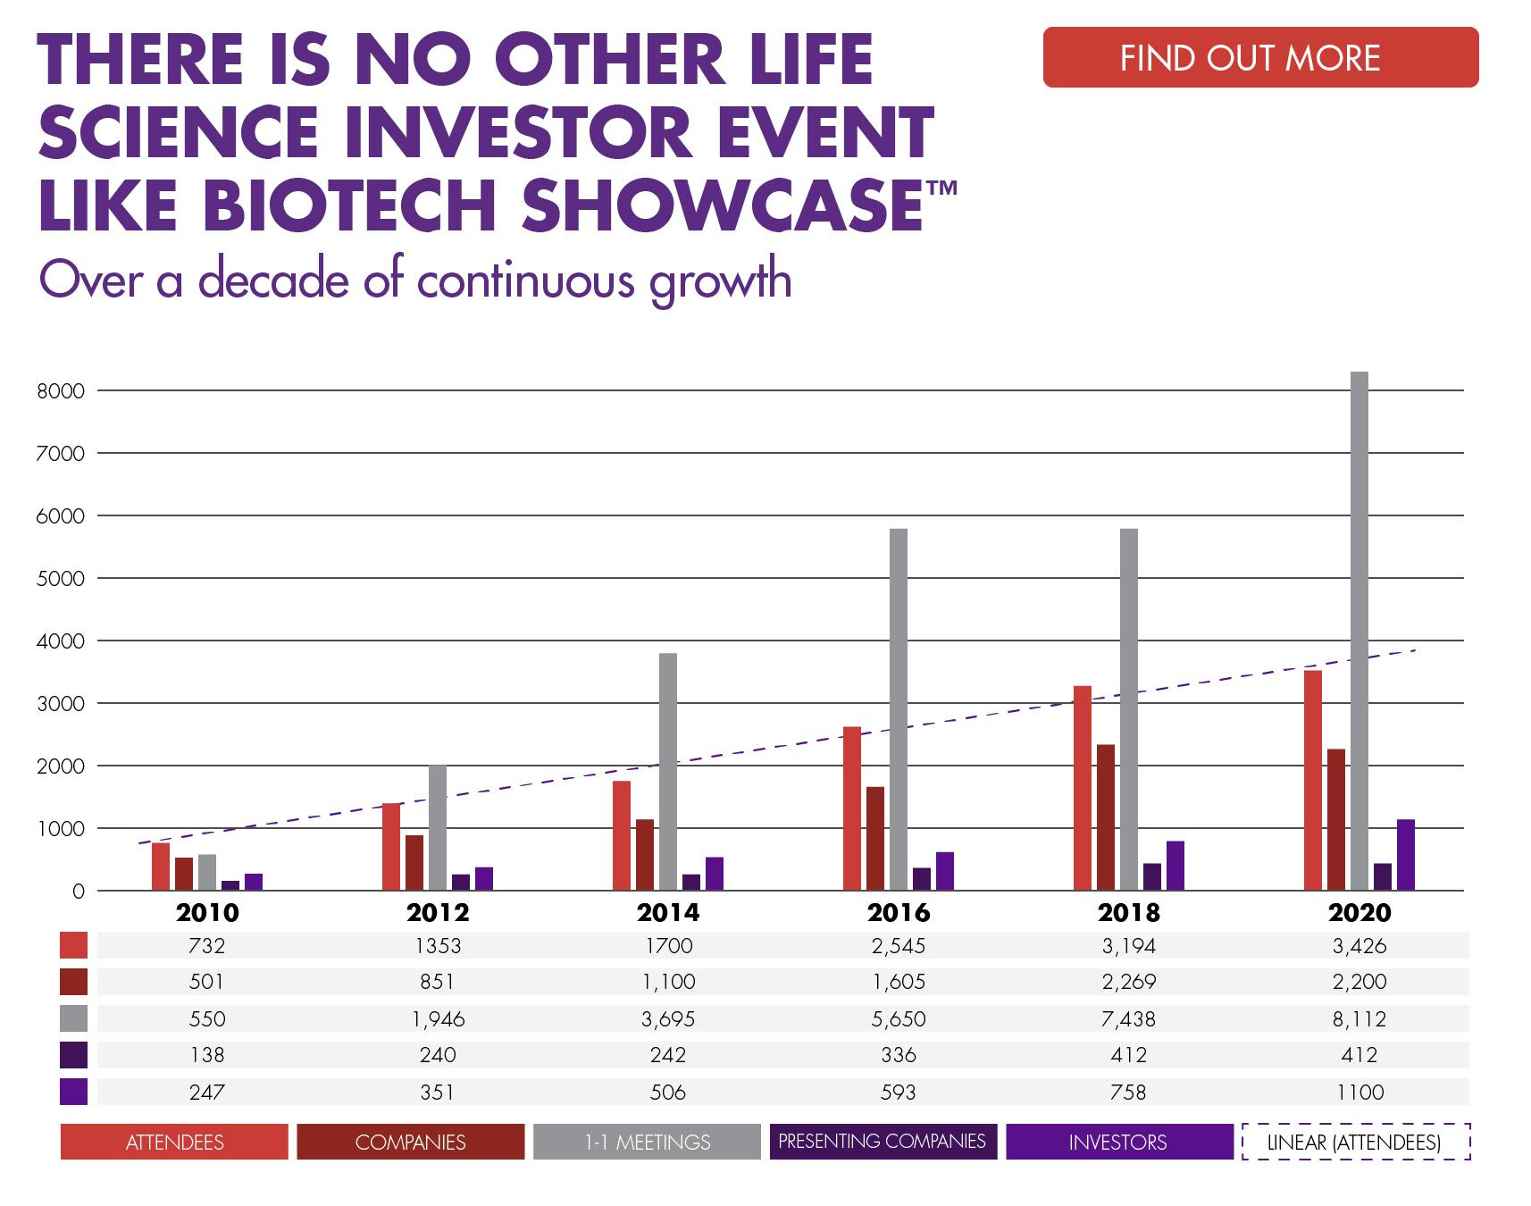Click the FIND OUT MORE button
pyautogui.click(x=1260, y=58)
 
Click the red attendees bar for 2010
pyautogui.click(x=161, y=867)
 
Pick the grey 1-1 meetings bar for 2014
pyautogui.click(x=667, y=772)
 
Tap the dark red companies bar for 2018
pyautogui.click(x=1105, y=817)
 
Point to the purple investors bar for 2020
pyautogui.click(x=1405, y=855)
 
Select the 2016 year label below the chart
pyautogui.click(x=898, y=913)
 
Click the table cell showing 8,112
pyautogui.click(x=1359, y=1018)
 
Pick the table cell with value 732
pyautogui.click(x=206, y=946)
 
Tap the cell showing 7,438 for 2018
pyautogui.click(x=1128, y=1018)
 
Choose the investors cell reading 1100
pyautogui.click(x=1359, y=1092)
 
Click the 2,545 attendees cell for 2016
pyautogui.click(x=898, y=946)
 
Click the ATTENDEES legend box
pyautogui.click(x=174, y=1142)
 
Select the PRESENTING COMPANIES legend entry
pyautogui.click(x=882, y=1142)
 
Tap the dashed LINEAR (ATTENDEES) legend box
pyautogui.click(x=1355, y=1142)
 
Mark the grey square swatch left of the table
pyautogui.click(x=73, y=1018)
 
